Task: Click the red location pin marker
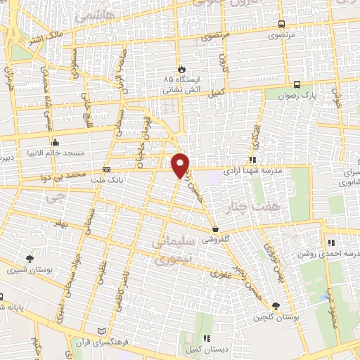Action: [181, 165]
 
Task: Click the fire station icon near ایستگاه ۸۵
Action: [181, 69]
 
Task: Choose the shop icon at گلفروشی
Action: [216, 229]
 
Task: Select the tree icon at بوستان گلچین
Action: [275, 305]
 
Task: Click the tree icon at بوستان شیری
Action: [30, 259]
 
